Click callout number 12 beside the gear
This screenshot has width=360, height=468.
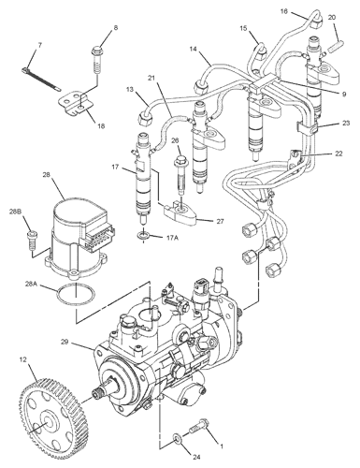tap(23, 359)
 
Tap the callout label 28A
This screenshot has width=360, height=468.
tap(31, 285)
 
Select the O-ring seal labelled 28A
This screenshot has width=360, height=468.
tap(76, 295)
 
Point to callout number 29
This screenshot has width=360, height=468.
tap(65, 342)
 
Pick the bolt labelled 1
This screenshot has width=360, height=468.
tap(199, 426)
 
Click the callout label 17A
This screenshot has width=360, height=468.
tap(172, 238)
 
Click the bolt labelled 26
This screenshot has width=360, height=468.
tap(180, 175)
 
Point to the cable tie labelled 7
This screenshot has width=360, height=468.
tap(41, 80)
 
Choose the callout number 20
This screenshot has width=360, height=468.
tap(332, 17)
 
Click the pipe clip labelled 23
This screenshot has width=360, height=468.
tap(307, 129)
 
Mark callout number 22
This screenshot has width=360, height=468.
tap(338, 154)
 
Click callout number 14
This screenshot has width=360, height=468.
tap(194, 49)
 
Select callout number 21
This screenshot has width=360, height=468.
tap(151, 78)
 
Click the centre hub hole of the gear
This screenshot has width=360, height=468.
tap(47, 423)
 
